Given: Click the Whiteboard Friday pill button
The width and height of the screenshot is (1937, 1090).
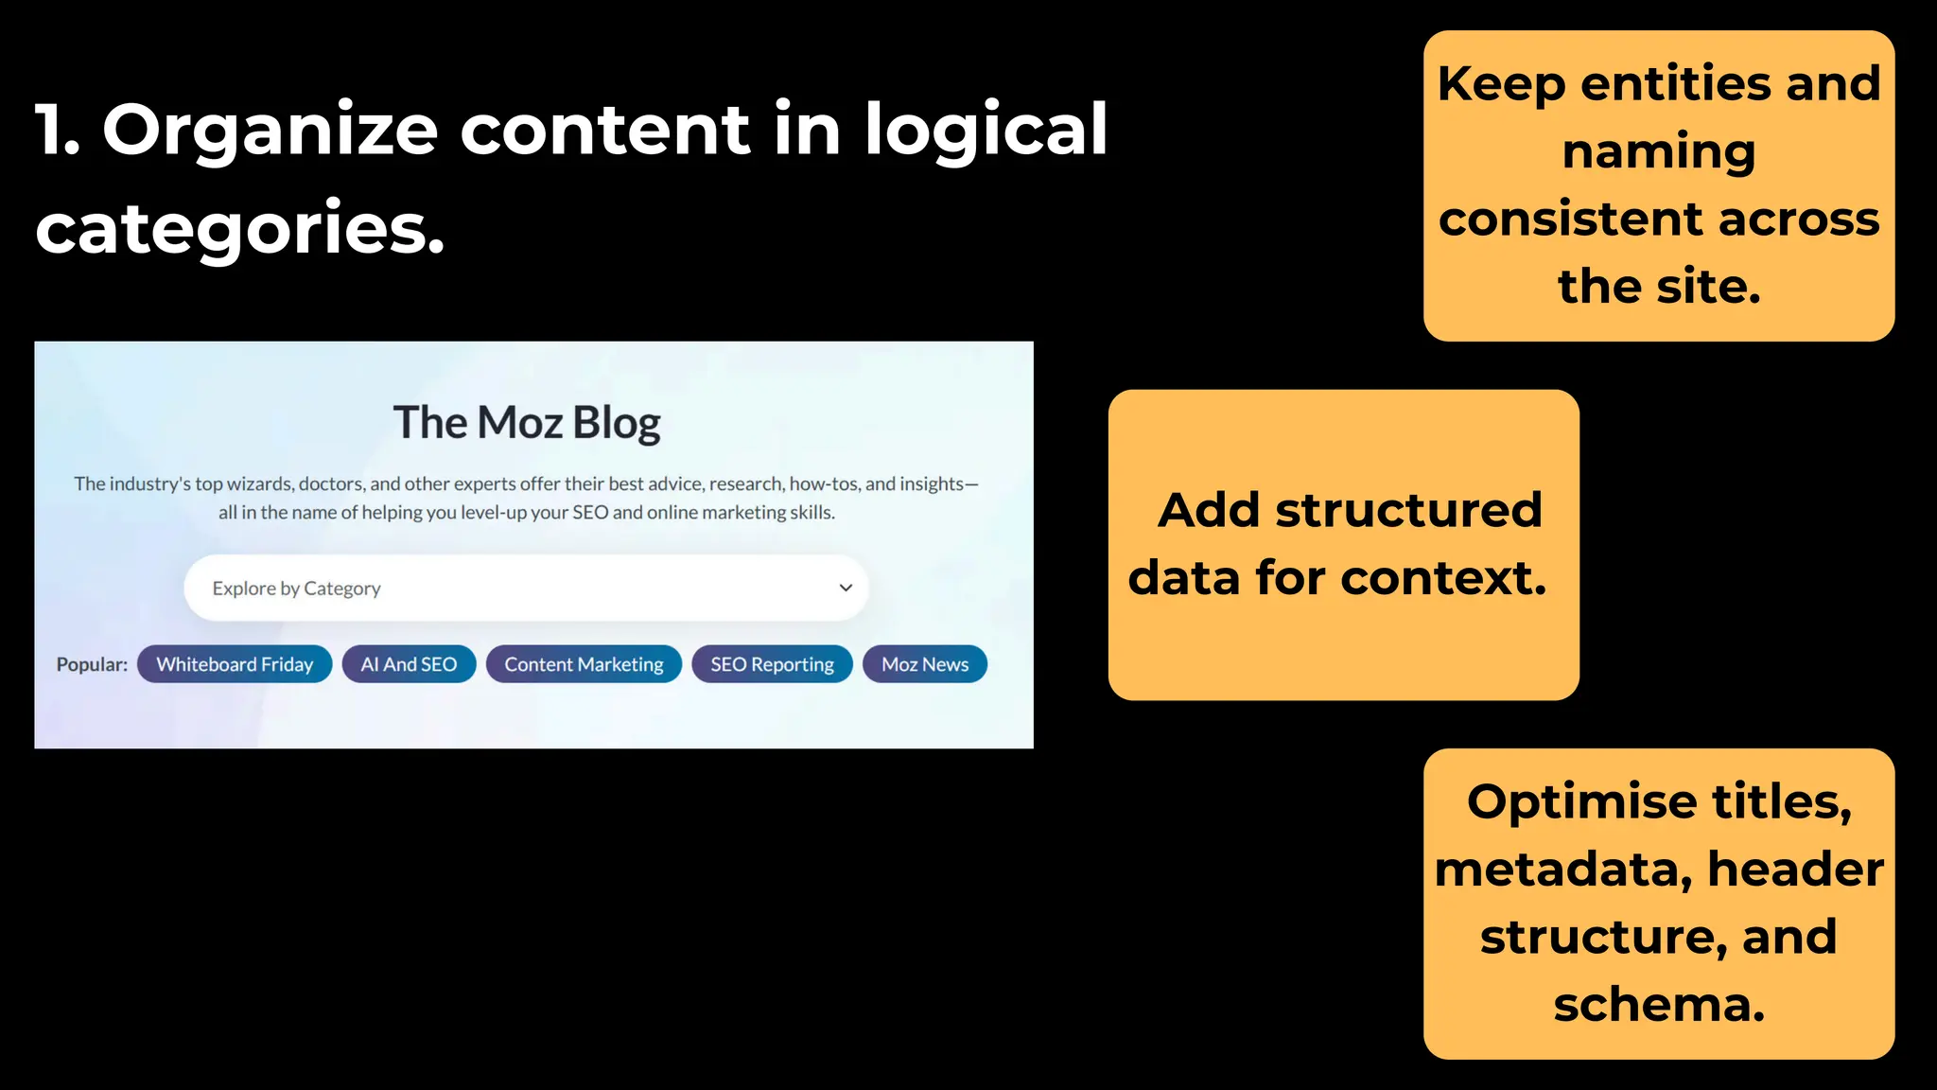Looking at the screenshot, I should pyautogui.click(x=235, y=664).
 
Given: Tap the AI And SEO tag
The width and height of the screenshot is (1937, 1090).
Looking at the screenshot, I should pyautogui.click(x=409, y=664).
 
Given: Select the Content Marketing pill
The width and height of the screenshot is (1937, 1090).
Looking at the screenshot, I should pyautogui.click(x=584, y=664).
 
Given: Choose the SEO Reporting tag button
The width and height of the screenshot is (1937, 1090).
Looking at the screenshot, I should pyautogui.click(x=772, y=664).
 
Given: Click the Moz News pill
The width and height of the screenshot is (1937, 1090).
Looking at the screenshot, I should pyautogui.click(x=924, y=664).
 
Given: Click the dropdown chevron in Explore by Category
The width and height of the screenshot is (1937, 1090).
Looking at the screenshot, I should pyautogui.click(x=846, y=588).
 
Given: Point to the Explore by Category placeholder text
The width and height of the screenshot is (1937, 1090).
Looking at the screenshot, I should pyautogui.click(x=296, y=589).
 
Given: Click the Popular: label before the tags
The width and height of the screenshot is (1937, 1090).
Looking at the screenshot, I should pyautogui.click(x=92, y=664).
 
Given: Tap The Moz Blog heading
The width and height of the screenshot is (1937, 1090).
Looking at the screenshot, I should pyautogui.click(x=527, y=423).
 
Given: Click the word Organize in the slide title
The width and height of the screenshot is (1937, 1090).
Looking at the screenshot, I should pyautogui.click(x=270, y=130).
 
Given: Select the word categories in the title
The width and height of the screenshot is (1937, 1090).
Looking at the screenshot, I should pyautogui.click(x=239, y=228).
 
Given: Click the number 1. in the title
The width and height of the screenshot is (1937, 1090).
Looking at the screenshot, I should pyautogui.click(x=57, y=130).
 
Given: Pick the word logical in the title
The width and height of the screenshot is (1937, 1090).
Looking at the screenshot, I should pyautogui.click(x=985, y=130).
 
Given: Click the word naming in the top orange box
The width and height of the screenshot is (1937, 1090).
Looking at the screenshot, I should pyautogui.click(x=1658, y=151).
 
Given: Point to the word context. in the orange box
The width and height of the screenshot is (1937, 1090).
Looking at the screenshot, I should pyautogui.click(x=1443, y=577).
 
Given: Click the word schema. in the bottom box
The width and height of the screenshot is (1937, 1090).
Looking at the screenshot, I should pyautogui.click(x=1659, y=1004).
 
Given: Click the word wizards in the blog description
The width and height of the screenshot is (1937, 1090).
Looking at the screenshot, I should pyautogui.click(x=260, y=484).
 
